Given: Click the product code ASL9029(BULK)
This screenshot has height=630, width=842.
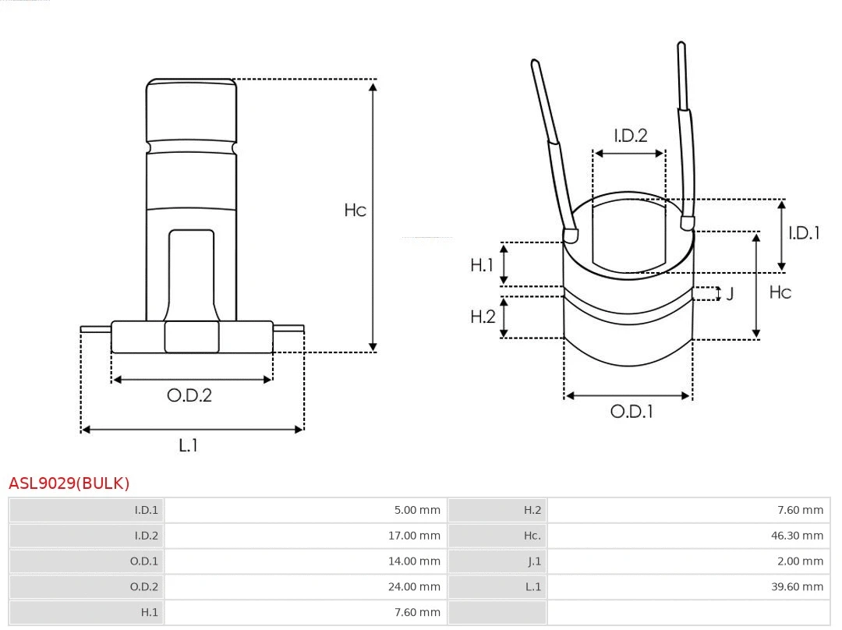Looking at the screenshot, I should tap(69, 483).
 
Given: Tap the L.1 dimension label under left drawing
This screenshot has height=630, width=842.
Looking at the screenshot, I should tap(189, 445).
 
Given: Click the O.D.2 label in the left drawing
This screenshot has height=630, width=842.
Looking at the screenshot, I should tap(189, 395).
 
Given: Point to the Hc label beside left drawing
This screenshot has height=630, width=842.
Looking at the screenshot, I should tap(355, 210).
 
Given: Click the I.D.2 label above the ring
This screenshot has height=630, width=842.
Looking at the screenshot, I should tap(630, 136).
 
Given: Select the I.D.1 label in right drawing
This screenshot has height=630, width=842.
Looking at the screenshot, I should tap(804, 232).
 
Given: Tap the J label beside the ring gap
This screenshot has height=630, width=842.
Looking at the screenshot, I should tap(730, 295).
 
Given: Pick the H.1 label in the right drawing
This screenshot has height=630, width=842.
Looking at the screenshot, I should tap(482, 265).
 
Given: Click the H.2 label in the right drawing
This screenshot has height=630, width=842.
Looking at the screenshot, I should tap(483, 317).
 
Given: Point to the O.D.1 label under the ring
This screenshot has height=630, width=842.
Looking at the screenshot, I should tap(631, 412).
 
